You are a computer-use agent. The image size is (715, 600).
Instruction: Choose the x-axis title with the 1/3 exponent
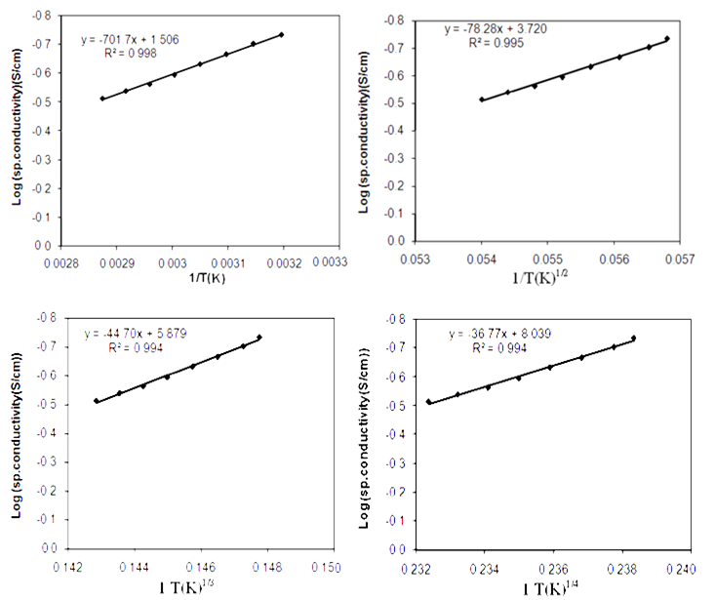(x=198, y=587)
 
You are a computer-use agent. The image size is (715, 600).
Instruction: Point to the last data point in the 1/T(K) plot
(x=281, y=35)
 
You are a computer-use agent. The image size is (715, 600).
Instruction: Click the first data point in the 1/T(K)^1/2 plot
(x=481, y=99)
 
